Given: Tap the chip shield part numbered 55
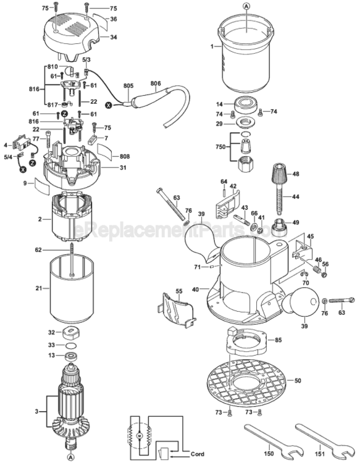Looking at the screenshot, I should click(176, 306).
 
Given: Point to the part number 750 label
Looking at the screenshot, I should click(219, 148).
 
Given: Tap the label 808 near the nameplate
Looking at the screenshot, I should click(125, 156).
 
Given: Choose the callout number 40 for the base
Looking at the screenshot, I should click(196, 289).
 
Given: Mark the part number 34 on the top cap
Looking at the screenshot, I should click(114, 38).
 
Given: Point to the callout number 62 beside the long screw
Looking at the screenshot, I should click(38, 250).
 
